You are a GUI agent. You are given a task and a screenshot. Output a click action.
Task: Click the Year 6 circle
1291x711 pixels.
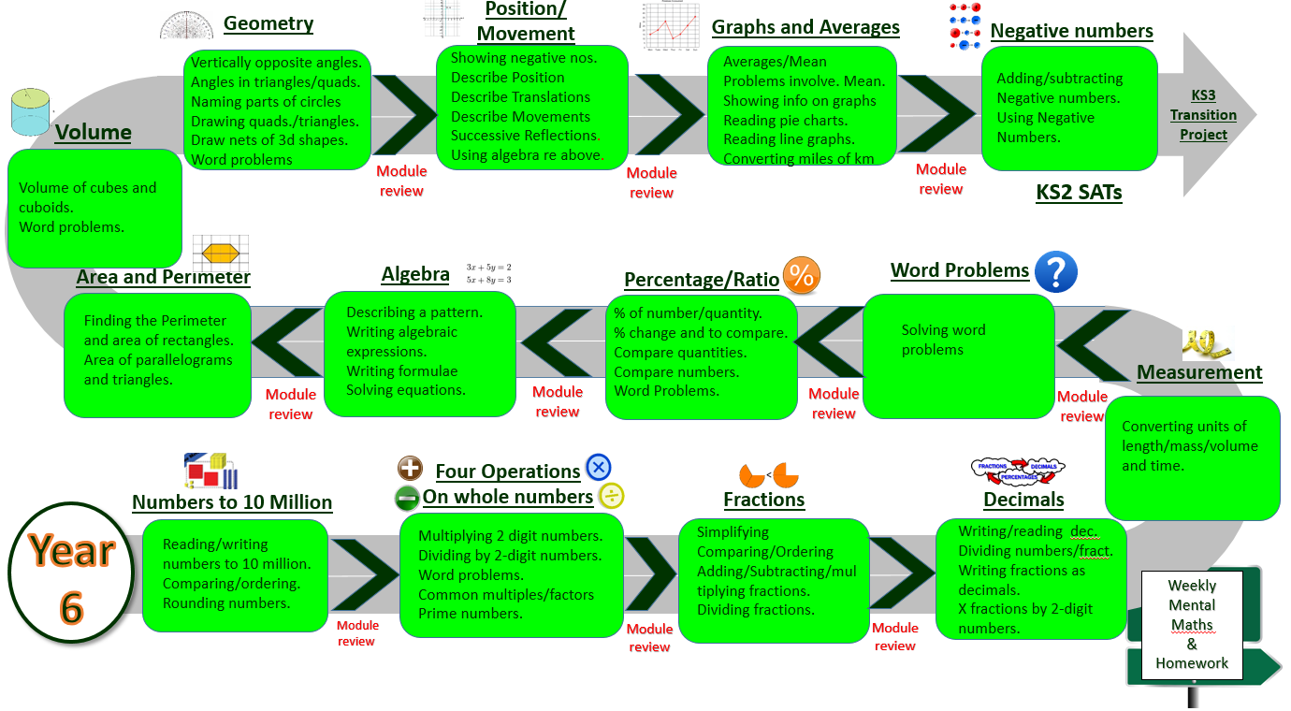[x=72, y=573]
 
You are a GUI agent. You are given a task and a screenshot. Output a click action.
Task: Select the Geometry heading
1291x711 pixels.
[x=268, y=23]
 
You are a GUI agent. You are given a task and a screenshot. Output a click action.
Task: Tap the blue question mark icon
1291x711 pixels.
[x=1056, y=271]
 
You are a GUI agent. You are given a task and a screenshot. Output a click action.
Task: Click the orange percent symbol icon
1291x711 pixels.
[x=802, y=276]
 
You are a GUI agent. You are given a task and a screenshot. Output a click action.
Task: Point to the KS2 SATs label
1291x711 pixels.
[x=1079, y=193]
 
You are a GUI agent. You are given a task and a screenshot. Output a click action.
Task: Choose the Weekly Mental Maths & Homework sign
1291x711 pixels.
[x=1192, y=624]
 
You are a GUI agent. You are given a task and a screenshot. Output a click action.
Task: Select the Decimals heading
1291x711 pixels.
[x=1023, y=500]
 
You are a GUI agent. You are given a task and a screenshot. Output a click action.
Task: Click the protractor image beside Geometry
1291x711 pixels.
[x=186, y=25]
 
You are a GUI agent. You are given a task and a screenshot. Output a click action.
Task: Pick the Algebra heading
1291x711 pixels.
[x=415, y=274]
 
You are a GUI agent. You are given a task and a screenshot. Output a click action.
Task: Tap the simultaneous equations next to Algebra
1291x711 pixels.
[x=488, y=273]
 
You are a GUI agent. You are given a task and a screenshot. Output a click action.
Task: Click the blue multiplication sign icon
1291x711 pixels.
[x=599, y=467]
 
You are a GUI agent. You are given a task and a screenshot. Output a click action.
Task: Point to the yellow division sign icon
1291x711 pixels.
[x=611, y=496]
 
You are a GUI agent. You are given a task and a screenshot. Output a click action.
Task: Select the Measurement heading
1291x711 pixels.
[x=1199, y=372]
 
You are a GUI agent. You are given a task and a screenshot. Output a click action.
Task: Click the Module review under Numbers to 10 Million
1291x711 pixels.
[x=356, y=633]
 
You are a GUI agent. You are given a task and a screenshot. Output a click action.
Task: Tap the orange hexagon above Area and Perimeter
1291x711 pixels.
[x=222, y=253]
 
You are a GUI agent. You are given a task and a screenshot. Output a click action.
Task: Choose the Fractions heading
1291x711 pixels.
[x=763, y=500]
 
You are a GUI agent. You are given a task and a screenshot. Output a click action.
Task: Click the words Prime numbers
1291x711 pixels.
[x=470, y=614]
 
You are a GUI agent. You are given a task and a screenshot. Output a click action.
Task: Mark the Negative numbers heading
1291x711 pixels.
[x=1071, y=31]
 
